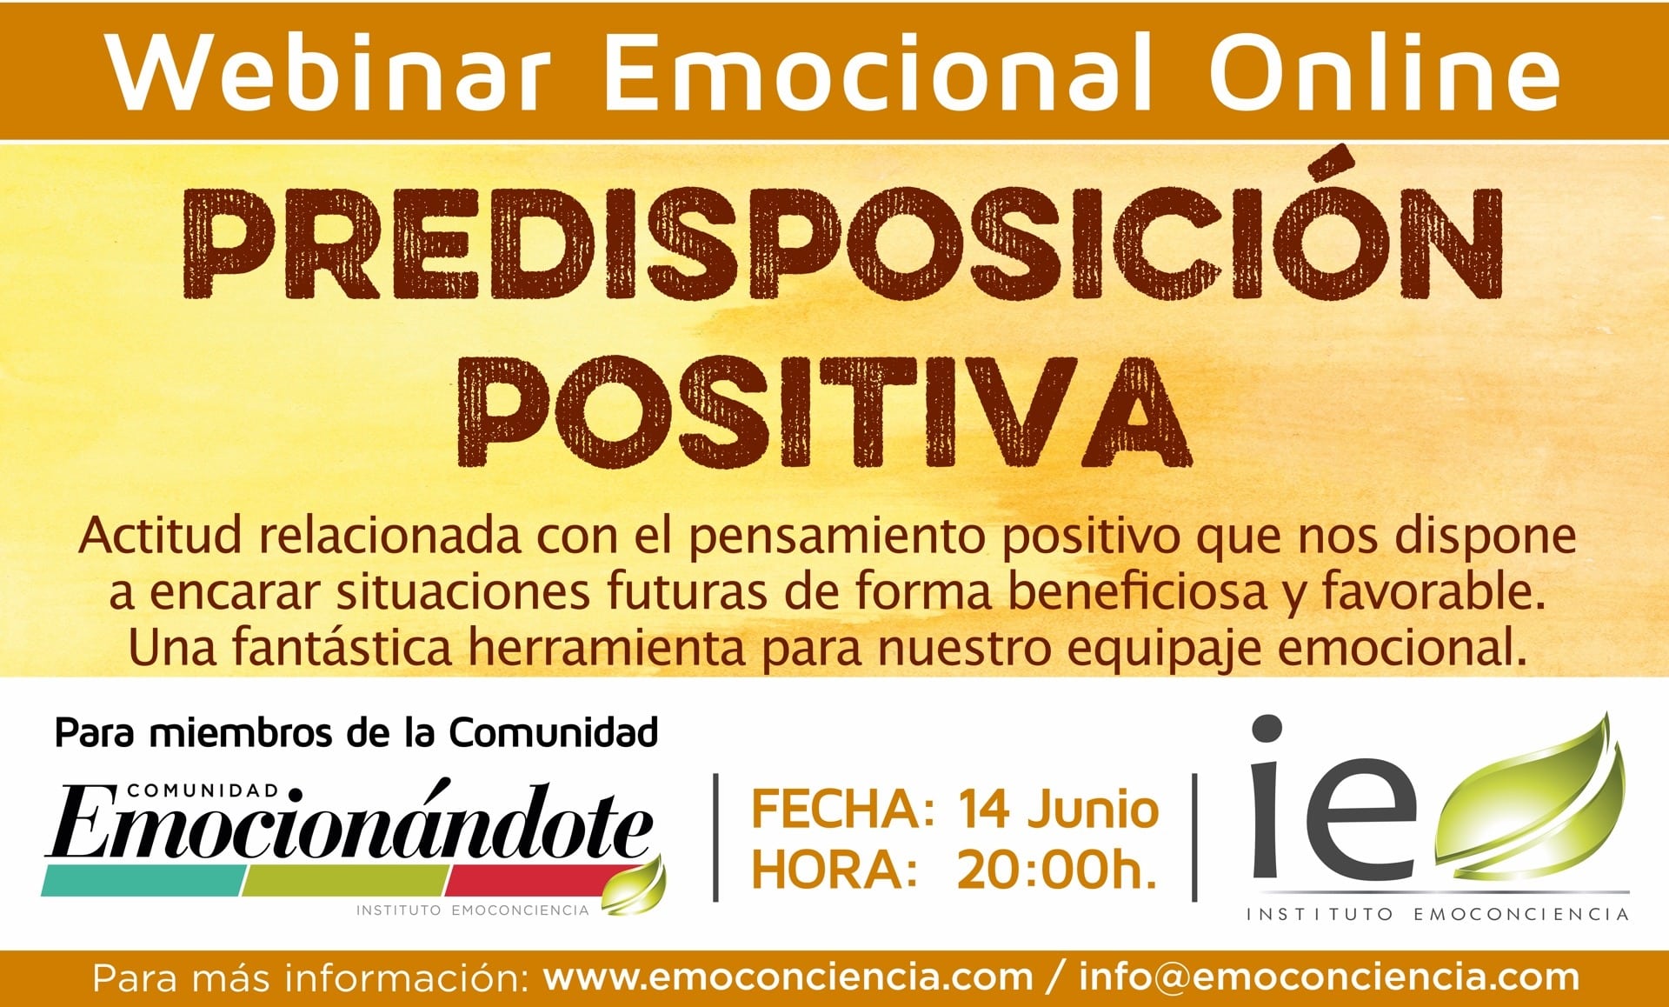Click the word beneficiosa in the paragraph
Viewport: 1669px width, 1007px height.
click(1137, 592)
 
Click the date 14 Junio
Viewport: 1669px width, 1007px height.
click(1058, 810)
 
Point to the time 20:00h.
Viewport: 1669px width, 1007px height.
click(1056, 870)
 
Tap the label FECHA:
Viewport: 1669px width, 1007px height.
click(842, 810)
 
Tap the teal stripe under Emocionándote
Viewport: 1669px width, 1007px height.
click(144, 881)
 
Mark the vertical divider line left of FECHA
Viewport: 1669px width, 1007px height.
click(715, 837)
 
